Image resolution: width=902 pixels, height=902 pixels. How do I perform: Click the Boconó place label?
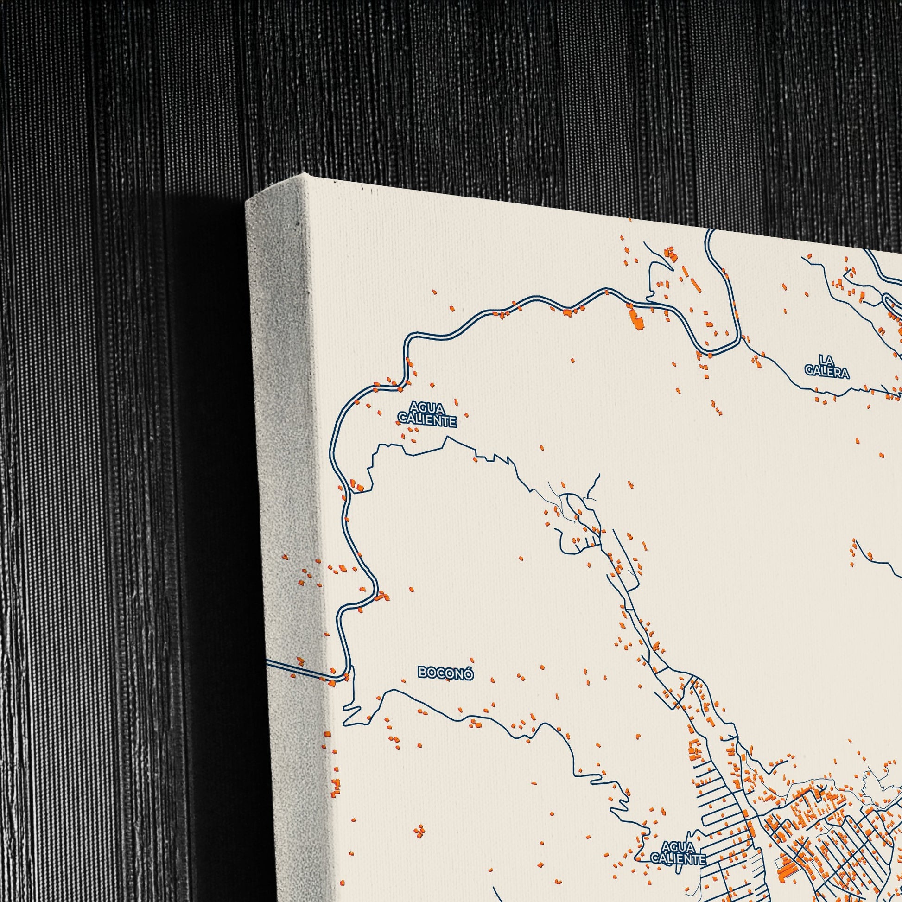445,673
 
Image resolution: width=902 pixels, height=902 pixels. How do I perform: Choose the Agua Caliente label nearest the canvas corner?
426,414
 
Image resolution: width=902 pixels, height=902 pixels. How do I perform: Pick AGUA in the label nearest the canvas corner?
426,407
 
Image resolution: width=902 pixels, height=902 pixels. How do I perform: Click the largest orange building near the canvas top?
636,318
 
